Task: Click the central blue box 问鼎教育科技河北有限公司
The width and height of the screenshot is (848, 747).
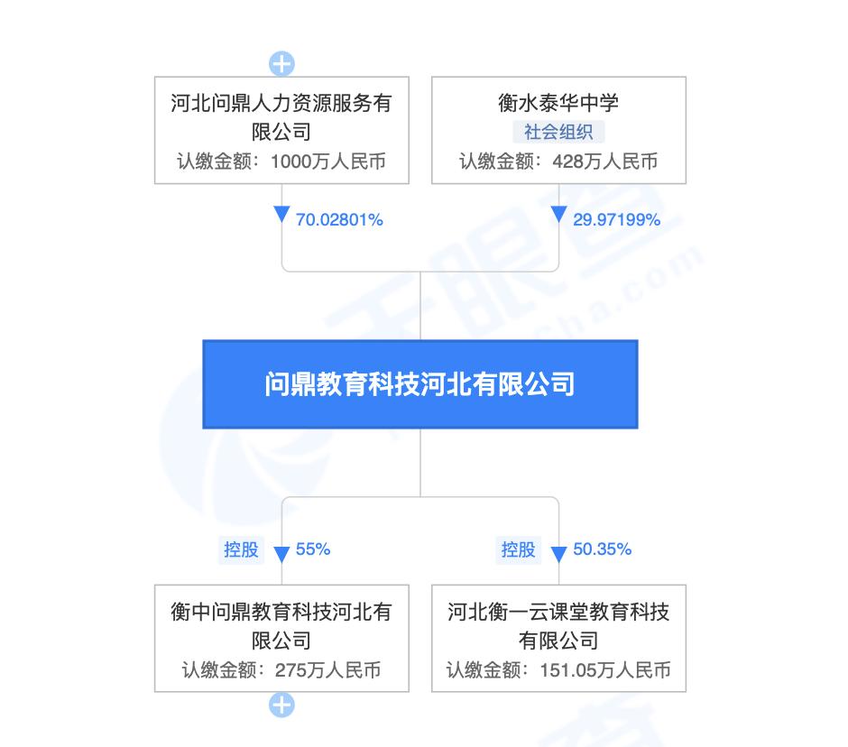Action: [x=419, y=384]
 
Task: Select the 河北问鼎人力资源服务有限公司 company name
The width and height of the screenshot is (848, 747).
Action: [x=281, y=117]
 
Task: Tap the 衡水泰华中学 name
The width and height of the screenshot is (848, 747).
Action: [x=558, y=102]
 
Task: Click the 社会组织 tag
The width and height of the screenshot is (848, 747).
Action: [x=558, y=132]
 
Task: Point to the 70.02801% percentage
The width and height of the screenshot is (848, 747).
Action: [x=339, y=219]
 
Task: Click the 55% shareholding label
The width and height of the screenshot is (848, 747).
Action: [x=313, y=549]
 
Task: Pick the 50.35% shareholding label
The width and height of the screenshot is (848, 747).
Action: [x=602, y=549]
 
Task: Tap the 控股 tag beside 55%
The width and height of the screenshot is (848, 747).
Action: [x=241, y=549]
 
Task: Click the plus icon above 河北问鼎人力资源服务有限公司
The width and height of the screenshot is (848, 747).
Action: [x=282, y=64]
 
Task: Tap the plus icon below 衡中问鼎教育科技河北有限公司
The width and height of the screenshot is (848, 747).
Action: [x=282, y=705]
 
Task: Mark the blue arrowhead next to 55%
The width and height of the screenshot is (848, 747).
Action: [x=281, y=552]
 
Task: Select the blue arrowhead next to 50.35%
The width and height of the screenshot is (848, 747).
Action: [x=558, y=552]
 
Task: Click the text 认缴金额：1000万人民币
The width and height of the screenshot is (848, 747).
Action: [x=281, y=162]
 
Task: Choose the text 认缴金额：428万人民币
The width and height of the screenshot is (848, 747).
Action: [x=558, y=162]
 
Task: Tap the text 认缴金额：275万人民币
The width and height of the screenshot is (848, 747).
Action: [x=281, y=670]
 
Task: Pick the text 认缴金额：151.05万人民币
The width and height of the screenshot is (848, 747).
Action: [x=558, y=670]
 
